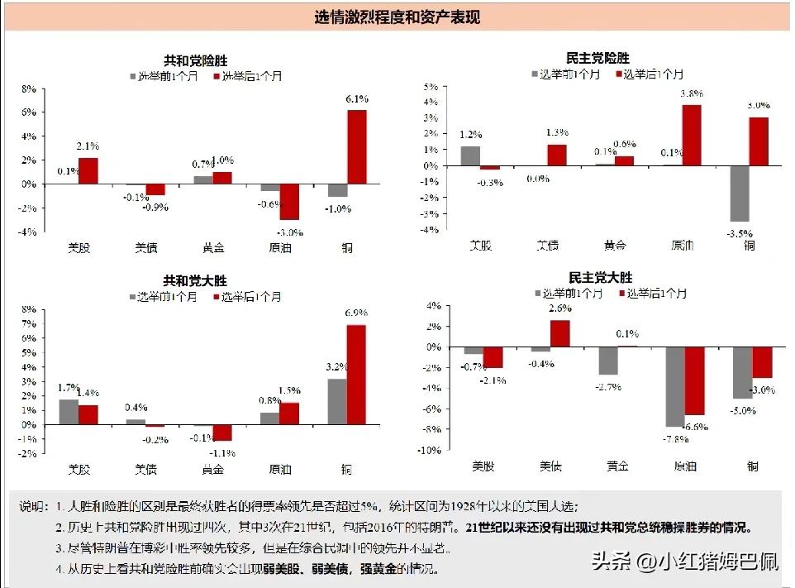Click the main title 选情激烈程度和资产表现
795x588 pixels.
point(397,17)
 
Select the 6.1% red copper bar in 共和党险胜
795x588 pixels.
point(357,146)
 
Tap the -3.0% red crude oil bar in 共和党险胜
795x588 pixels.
point(289,201)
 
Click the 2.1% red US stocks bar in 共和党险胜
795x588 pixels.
point(88,170)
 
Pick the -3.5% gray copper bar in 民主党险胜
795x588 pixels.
point(739,194)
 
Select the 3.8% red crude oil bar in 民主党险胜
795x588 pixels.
point(691,135)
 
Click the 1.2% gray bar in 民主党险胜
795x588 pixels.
point(470,155)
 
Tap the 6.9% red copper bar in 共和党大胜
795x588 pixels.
point(356,375)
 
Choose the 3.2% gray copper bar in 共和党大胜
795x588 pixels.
point(337,401)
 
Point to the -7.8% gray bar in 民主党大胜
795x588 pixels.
point(675,387)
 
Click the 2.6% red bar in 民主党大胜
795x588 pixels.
point(560,333)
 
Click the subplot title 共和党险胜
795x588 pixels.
point(195,60)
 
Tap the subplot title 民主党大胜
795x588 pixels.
point(601,278)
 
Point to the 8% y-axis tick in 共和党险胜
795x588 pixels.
point(29,88)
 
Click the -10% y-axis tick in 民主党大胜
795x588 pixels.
point(429,451)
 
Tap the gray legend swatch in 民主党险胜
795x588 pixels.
point(535,74)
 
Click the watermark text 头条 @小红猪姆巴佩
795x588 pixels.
point(685,563)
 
